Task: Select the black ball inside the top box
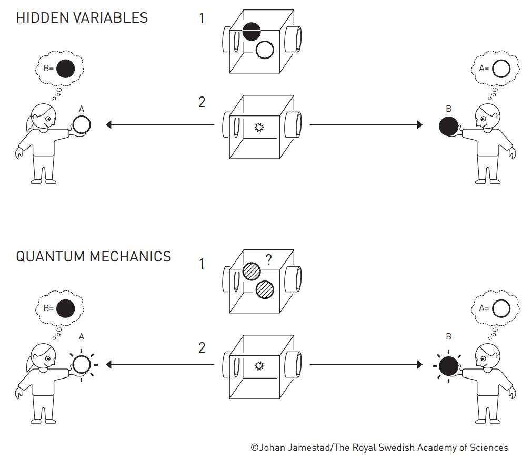252,32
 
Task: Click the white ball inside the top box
265,50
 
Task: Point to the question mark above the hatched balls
268,259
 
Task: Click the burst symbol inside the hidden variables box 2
258,127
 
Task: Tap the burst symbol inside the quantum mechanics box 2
258,365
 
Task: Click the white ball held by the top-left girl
82,125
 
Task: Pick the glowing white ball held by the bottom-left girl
82,364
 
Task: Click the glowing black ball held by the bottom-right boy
448,365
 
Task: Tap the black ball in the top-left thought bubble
65,69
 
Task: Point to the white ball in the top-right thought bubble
501,69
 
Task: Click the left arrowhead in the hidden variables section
109,125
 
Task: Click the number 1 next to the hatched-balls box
202,264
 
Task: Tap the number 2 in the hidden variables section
202,102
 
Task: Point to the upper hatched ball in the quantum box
252,271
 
